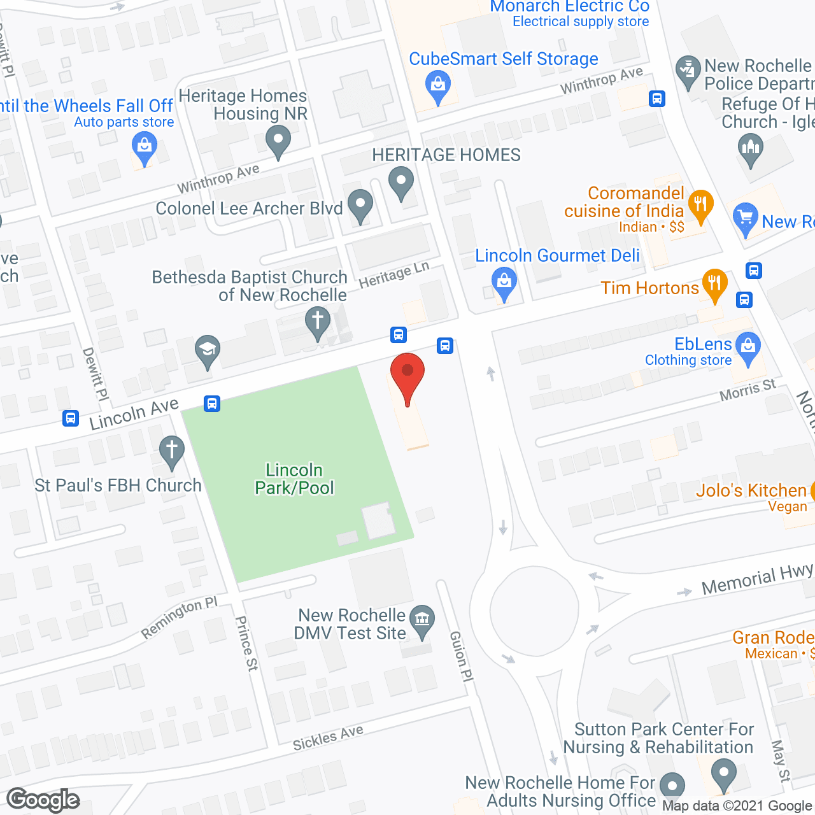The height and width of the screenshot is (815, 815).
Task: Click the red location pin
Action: pos(407,376)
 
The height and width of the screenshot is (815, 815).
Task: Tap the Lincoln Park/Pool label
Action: pos(294,479)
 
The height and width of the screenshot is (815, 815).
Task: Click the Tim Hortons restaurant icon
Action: pos(714,284)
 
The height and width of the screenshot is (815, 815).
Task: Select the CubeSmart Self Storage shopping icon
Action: pos(437,85)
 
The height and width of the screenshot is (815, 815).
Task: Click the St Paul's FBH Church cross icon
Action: pos(171,450)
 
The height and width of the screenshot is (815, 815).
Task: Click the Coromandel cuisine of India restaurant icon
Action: pos(700,205)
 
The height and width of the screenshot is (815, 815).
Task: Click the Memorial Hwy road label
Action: pos(757,579)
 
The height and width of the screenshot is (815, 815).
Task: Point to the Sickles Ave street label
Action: pos(328,737)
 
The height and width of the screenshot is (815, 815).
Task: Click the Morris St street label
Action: pos(748,390)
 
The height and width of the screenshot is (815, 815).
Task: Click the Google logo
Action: pos(43,800)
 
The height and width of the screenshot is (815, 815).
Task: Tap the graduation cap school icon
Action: pos(208,350)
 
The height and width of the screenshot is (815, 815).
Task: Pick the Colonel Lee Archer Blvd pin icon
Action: pos(360,205)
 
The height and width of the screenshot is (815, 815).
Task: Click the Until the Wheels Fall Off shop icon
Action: pos(145,148)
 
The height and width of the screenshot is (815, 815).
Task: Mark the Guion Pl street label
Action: pos(462,656)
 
